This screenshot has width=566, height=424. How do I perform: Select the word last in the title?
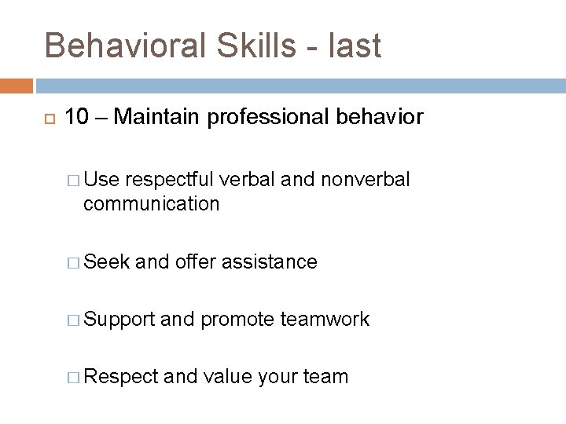point(355,46)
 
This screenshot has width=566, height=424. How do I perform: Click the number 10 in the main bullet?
point(76,118)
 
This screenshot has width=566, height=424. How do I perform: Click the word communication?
point(151,204)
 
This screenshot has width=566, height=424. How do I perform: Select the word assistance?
point(270,261)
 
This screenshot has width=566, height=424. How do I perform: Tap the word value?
point(226,377)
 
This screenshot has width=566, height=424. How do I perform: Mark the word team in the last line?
point(325,377)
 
